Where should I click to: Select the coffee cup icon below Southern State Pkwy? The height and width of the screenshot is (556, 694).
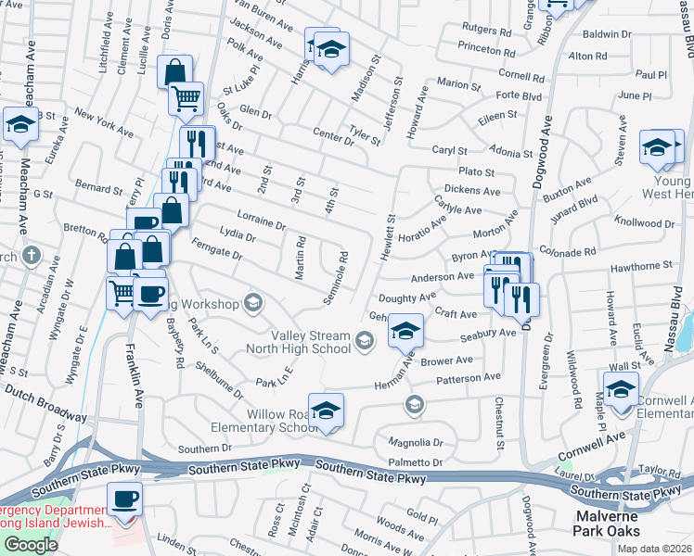(124, 500)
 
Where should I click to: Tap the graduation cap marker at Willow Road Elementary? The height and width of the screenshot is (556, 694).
(326, 411)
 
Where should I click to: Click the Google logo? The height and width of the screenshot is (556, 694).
(30, 545)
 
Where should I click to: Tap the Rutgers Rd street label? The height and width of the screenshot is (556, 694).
(485, 30)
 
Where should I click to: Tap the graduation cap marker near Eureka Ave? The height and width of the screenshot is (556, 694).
(19, 125)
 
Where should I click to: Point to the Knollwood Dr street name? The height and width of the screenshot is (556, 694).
(644, 223)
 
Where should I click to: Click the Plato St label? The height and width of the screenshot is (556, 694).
(476, 172)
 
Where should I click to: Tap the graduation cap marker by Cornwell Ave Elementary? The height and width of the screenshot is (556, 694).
(621, 390)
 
